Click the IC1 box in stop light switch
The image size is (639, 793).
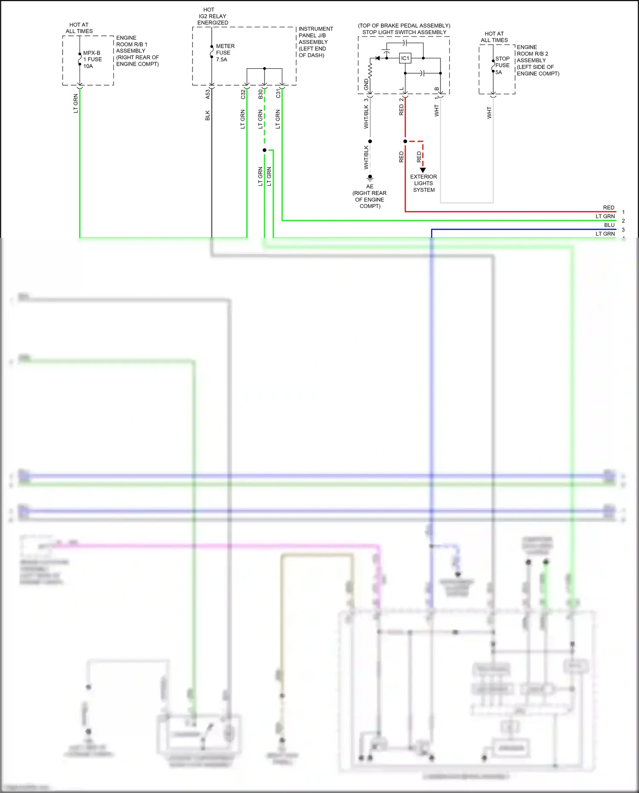click(x=405, y=58)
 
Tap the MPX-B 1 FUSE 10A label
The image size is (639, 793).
click(x=92, y=60)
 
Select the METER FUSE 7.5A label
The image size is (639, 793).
click(x=225, y=53)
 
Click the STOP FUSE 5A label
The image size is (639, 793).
click(x=502, y=65)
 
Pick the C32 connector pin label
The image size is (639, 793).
click(x=243, y=94)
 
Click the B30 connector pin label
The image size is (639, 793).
click(x=260, y=94)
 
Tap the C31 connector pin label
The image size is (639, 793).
click(x=278, y=93)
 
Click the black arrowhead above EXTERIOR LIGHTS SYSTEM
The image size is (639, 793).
click(x=423, y=170)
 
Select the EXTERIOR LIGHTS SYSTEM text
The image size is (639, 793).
click(x=423, y=183)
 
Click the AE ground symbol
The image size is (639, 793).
click(x=370, y=178)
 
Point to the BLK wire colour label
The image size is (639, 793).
click(x=207, y=115)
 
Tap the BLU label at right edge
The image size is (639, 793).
click(x=609, y=225)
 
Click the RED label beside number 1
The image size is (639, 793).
click(x=608, y=208)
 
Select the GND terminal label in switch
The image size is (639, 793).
click(x=366, y=84)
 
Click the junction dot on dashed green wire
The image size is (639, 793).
click(x=265, y=150)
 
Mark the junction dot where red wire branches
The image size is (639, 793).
click(x=405, y=141)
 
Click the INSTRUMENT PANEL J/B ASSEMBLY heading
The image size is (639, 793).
click(x=315, y=42)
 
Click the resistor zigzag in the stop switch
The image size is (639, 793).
click(x=370, y=70)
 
